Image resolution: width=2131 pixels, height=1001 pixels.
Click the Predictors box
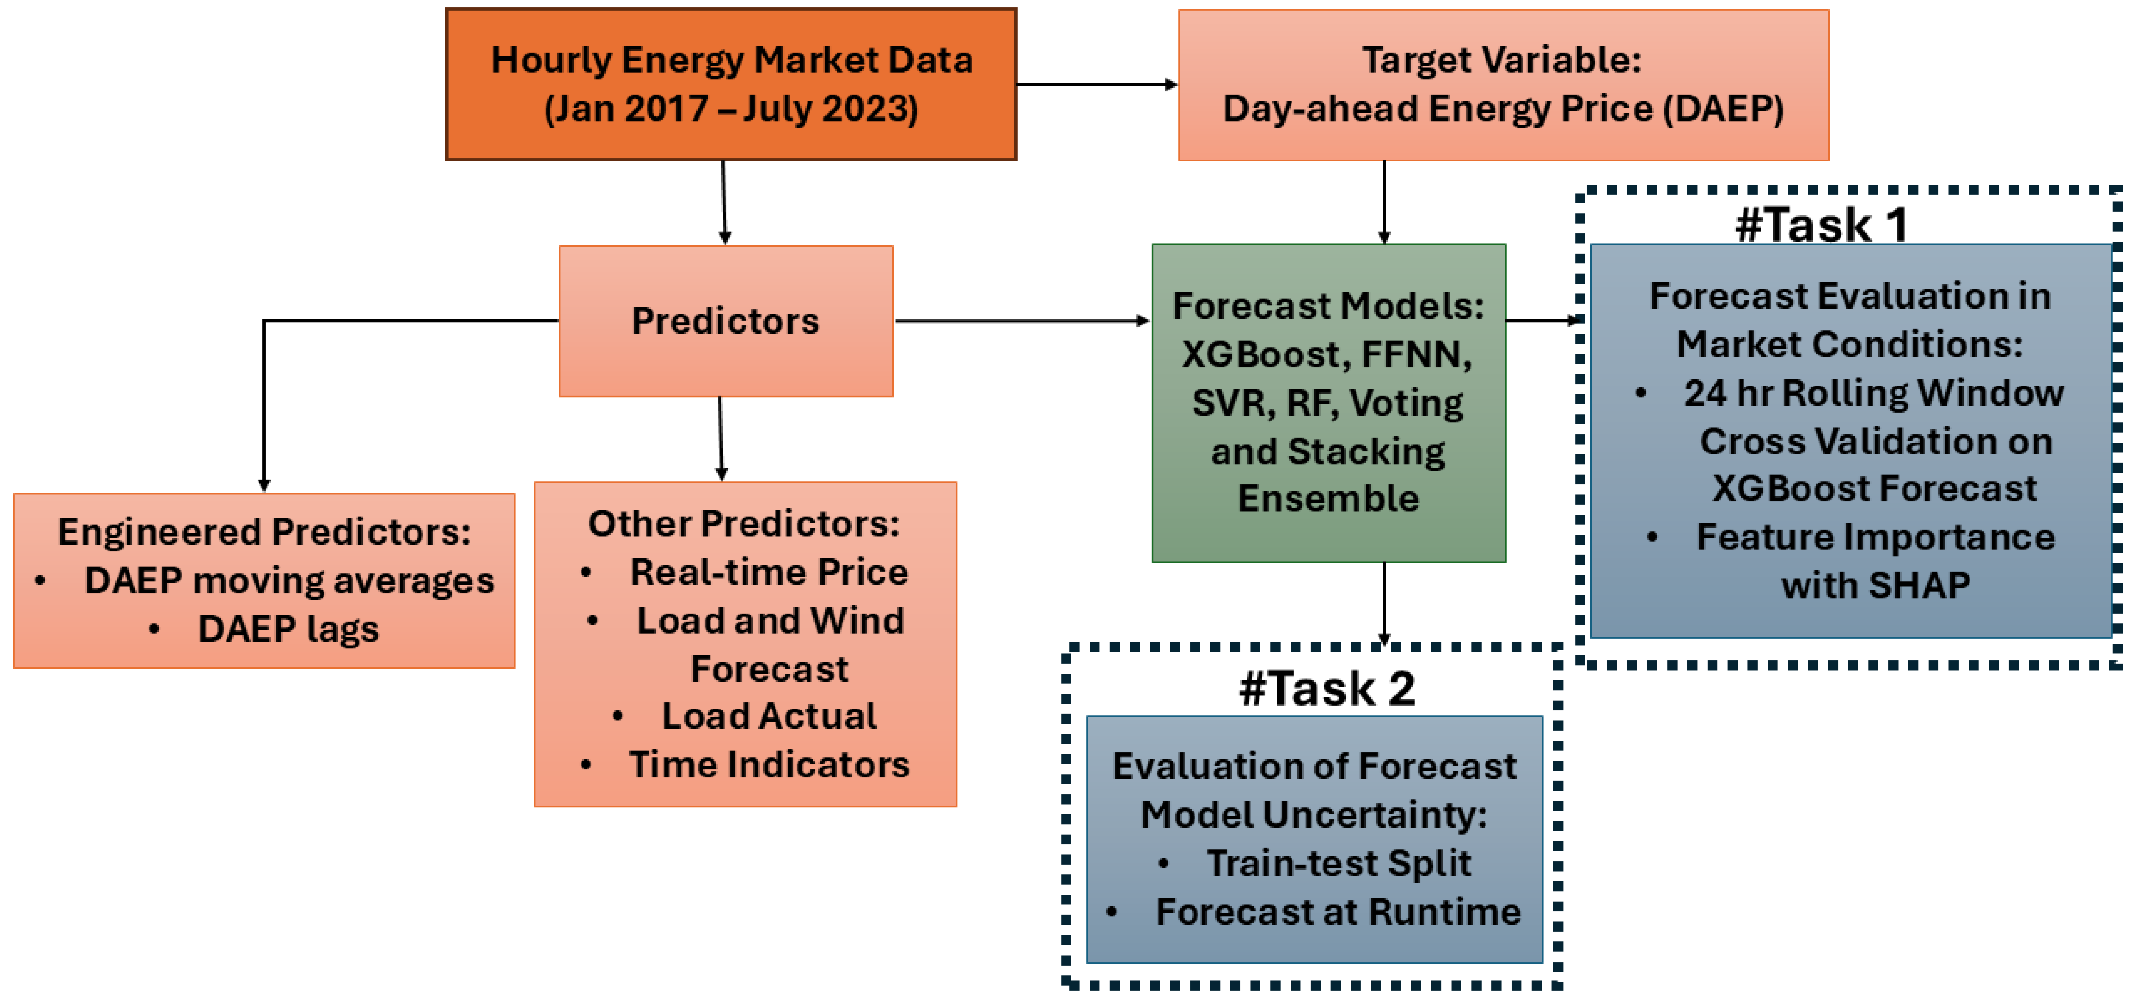[725, 321]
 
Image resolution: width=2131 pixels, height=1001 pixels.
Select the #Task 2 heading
[1327, 688]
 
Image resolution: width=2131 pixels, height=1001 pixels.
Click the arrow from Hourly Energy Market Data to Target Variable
[1096, 84]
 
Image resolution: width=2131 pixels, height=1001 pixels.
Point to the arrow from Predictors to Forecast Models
[1022, 320]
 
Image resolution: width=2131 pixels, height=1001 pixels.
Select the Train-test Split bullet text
[1338, 864]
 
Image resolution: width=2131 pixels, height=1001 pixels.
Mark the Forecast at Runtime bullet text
[1338, 912]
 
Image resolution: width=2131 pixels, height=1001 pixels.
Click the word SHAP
[1919, 586]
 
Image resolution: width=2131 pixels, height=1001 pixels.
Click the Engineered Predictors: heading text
[264, 532]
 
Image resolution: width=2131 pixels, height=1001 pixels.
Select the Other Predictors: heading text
[743, 524]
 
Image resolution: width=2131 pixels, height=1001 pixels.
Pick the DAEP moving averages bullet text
[289, 581]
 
